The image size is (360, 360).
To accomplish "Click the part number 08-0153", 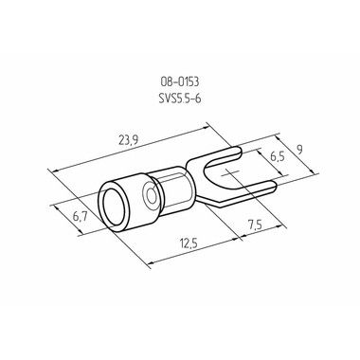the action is [x=180, y=82].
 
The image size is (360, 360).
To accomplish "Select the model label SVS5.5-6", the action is [x=180, y=99].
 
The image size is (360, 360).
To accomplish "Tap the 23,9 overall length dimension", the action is [x=128, y=140].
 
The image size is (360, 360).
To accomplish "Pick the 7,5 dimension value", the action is [x=255, y=225].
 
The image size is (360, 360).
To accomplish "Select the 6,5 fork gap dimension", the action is [x=278, y=155].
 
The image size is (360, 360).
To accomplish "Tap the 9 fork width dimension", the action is [x=299, y=150].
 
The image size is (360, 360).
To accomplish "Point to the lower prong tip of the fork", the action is [x=275, y=187].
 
